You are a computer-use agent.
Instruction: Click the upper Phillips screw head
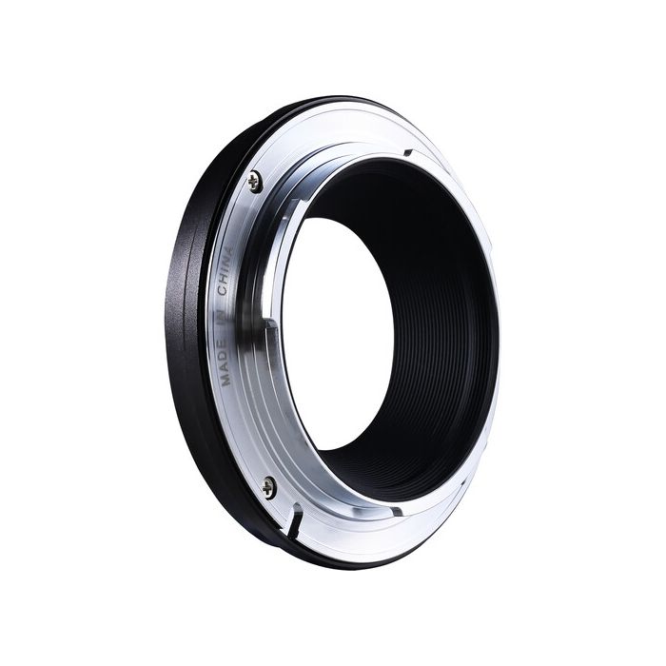(255, 182)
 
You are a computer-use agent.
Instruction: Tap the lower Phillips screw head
(269, 487)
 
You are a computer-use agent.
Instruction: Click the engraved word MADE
(225, 365)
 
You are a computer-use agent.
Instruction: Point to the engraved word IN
(224, 320)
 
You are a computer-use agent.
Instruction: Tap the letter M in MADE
(226, 381)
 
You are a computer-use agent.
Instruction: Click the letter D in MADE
(225, 360)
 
